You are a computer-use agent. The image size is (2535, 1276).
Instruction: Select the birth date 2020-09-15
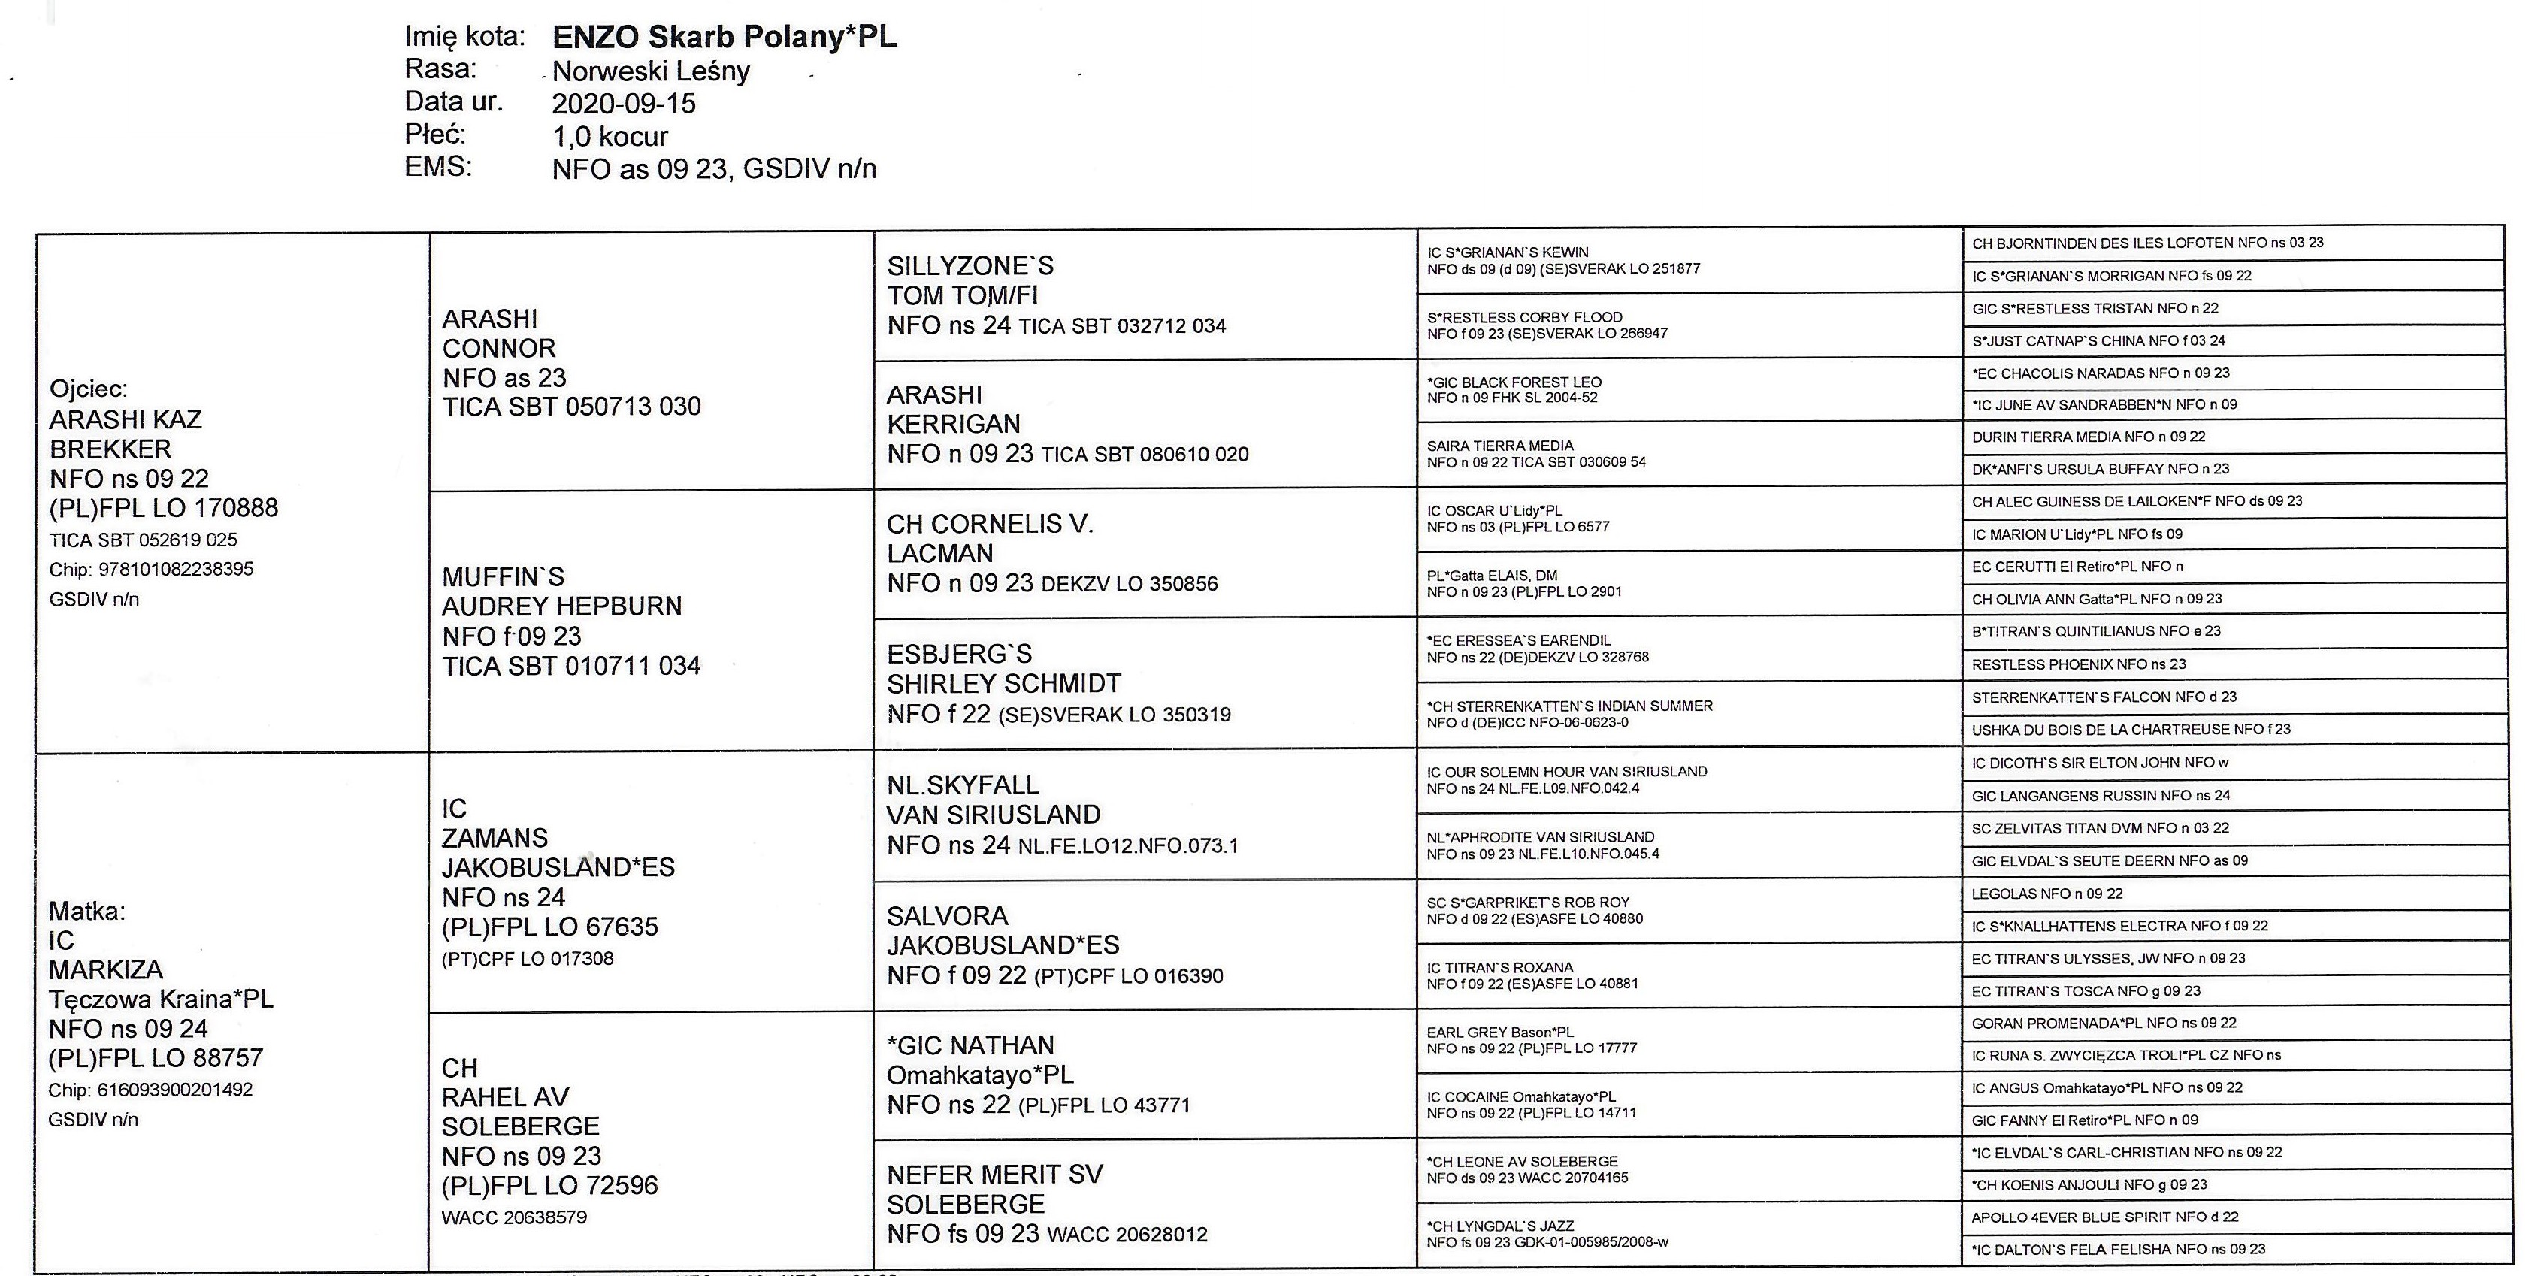[624, 103]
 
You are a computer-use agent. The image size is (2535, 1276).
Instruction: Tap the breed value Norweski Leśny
[651, 71]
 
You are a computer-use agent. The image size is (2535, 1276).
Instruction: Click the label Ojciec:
[89, 389]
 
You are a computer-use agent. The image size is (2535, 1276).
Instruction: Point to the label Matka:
[86, 911]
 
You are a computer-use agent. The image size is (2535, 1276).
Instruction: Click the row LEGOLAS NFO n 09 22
[2047, 894]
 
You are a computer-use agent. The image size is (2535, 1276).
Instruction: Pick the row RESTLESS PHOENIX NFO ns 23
[2078, 664]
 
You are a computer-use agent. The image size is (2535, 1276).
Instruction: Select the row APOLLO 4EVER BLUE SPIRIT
[2104, 1217]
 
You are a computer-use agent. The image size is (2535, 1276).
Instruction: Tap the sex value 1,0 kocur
[610, 136]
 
